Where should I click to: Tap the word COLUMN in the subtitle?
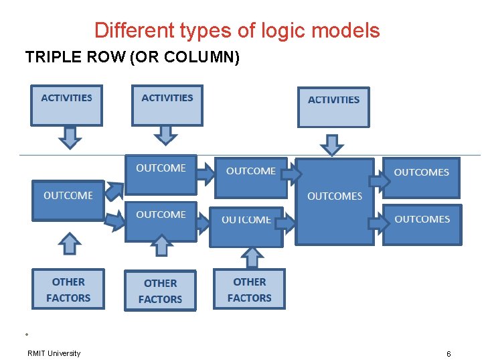tap(200, 58)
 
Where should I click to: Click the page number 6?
tap(449, 353)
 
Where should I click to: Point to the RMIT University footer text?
tap(54, 353)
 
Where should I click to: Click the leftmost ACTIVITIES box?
tap(66, 105)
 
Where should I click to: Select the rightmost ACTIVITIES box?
tap(333, 107)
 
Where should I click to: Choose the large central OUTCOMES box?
tap(335, 201)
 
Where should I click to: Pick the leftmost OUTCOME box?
tap(68, 200)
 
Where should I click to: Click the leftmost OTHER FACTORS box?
tap(68, 289)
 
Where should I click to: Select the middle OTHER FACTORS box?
tap(161, 291)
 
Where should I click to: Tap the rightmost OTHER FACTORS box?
tap(250, 289)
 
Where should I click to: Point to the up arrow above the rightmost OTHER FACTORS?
tap(252, 257)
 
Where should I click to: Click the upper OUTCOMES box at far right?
tap(421, 178)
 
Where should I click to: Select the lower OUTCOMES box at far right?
tap(422, 224)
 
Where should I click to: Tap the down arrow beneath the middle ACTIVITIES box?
tap(165, 135)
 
